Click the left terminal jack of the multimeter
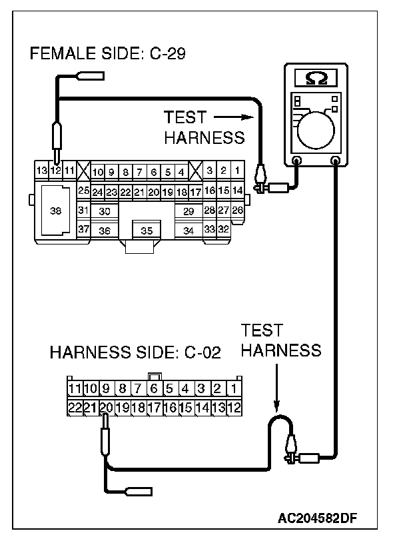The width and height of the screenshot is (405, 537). click(x=297, y=161)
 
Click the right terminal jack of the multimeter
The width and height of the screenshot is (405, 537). click(x=336, y=161)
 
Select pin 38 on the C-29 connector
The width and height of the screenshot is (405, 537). click(x=55, y=211)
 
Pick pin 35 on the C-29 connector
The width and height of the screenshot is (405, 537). click(x=147, y=231)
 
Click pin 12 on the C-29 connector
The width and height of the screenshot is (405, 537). click(x=56, y=171)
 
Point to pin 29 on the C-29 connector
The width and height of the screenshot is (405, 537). click(x=189, y=211)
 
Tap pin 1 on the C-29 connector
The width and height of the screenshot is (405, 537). click(x=237, y=171)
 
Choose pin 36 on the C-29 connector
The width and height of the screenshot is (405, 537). click(x=105, y=231)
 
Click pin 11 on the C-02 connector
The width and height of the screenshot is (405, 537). click(x=74, y=388)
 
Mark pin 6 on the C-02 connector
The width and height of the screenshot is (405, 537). click(x=153, y=388)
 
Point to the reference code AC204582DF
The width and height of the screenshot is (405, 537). click(x=328, y=517)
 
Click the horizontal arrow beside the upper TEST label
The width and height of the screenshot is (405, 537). click(x=234, y=117)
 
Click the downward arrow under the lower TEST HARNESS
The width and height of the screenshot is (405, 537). click(x=277, y=392)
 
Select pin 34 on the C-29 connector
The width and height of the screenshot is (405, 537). click(x=189, y=231)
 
